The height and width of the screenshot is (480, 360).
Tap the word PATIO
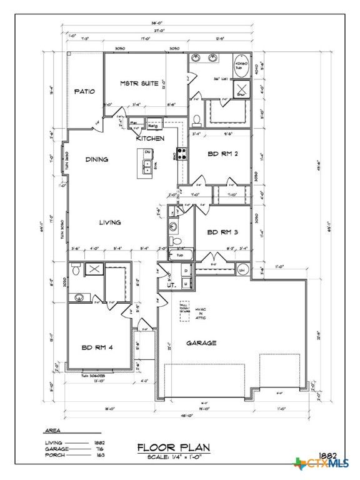(84, 91)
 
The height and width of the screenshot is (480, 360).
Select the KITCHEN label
(151, 138)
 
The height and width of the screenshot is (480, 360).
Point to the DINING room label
(97, 159)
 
